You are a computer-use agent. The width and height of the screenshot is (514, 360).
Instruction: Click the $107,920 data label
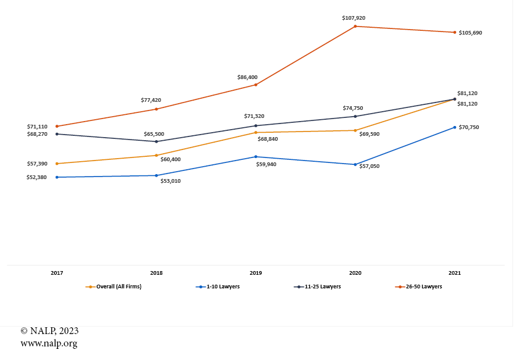coord(354,18)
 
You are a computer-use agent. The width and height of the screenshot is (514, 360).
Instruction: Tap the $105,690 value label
coord(470,32)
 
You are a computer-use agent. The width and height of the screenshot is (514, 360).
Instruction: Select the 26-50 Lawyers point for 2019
coord(255,85)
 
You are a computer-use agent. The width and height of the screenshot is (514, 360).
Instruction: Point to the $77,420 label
coord(151,99)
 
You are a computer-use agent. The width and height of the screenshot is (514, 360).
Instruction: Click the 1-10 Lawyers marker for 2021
coord(455,127)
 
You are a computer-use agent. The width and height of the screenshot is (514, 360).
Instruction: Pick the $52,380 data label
coord(37,177)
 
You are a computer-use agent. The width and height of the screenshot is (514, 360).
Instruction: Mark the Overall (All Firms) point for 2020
coord(355,130)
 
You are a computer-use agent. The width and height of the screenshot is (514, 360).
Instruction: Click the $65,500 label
coord(154,133)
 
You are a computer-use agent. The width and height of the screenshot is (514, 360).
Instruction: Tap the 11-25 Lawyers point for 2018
coord(156,141)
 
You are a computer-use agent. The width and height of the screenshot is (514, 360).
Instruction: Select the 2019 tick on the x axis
coord(255,272)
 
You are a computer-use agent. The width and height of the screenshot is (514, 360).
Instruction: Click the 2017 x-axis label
coord(57,272)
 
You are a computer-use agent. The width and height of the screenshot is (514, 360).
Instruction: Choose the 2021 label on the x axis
coord(455,272)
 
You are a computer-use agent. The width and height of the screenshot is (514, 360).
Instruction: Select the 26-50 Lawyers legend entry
coord(423,287)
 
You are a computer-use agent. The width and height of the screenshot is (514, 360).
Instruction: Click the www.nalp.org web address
coord(49,343)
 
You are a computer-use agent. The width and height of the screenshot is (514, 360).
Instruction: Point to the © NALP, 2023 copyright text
coord(49,331)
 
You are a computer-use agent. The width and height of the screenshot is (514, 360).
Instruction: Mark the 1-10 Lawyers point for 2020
coord(355,164)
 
